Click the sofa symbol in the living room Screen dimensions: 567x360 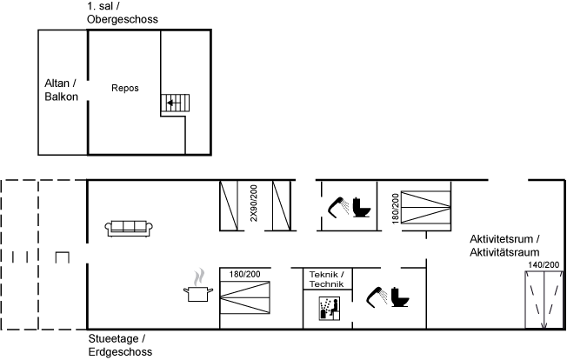[x=129, y=228]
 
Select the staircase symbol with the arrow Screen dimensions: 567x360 [x=175, y=103]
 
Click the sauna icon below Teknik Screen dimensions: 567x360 [x=330, y=309]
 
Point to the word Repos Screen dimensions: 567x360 [x=125, y=88]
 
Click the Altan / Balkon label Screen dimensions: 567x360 [x=61, y=90]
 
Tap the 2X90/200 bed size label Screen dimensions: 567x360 [x=254, y=203]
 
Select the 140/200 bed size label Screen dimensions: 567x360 [x=544, y=265]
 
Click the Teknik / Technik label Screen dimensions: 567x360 [x=327, y=279]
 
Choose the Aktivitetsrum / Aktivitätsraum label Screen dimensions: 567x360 [x=504, y=245]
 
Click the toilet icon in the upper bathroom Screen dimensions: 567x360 [x=362, y=207]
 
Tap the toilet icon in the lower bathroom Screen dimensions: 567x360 [x=400, y=297]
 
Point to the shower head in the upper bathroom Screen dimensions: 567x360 [x=338, y=207]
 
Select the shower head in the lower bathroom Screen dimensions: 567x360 [x=377, y=297]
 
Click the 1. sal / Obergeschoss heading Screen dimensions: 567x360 [x=123, y=13]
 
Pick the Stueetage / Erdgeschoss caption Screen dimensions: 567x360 [x=120, y=345]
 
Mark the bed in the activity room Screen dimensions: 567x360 [x=544, y=300]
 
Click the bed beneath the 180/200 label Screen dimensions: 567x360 [x=245, y=298]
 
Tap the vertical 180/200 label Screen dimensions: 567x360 [x=395, y=208]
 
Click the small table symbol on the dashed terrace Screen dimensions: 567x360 [x=63, y=257]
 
